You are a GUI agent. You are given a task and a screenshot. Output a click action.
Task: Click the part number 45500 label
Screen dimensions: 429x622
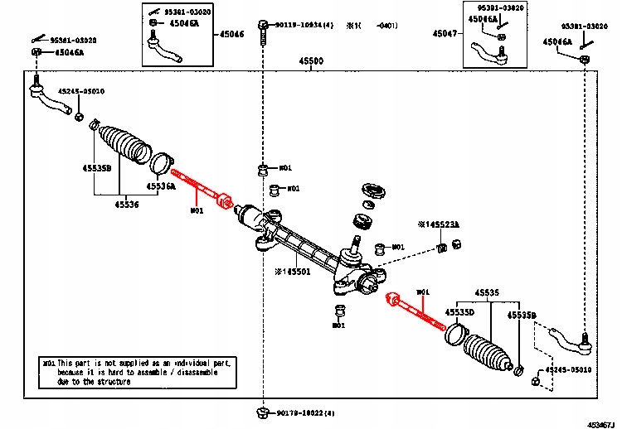(x=312, y=61)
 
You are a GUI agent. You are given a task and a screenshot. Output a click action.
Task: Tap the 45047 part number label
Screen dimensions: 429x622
(x=444, y=36)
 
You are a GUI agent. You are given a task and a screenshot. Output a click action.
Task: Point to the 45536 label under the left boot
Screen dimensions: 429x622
(x=126, y=204)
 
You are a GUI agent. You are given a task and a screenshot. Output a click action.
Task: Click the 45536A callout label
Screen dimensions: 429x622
(x=163, y=187)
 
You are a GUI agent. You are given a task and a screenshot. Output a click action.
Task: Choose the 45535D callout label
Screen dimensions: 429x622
(x=459, y=312)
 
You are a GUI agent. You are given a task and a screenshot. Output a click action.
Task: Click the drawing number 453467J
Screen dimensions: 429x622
(x=603, y=423)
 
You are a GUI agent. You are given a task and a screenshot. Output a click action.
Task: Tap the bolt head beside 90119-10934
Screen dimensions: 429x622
(x=262, y=27)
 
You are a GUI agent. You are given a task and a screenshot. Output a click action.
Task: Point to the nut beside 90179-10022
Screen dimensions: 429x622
(x=262, y=412)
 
